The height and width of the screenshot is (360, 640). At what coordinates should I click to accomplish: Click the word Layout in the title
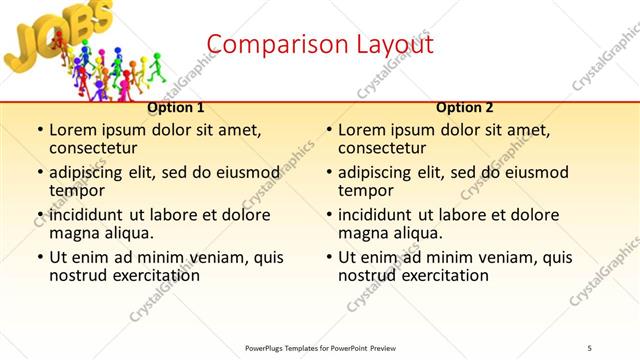click(x=394, y=45)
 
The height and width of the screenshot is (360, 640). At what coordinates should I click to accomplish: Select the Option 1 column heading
click(x=176, y=107)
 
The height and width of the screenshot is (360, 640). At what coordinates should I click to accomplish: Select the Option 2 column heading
click(x=465, y=107)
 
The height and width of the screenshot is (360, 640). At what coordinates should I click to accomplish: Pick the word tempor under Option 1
click(x=76, y=190)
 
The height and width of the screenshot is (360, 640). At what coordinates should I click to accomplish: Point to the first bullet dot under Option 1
click(x=39, y=130)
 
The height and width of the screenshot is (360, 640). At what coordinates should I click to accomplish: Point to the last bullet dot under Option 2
click(x=328, y=257)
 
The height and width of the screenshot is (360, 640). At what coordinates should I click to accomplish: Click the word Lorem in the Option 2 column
click(x=360, y=130)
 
